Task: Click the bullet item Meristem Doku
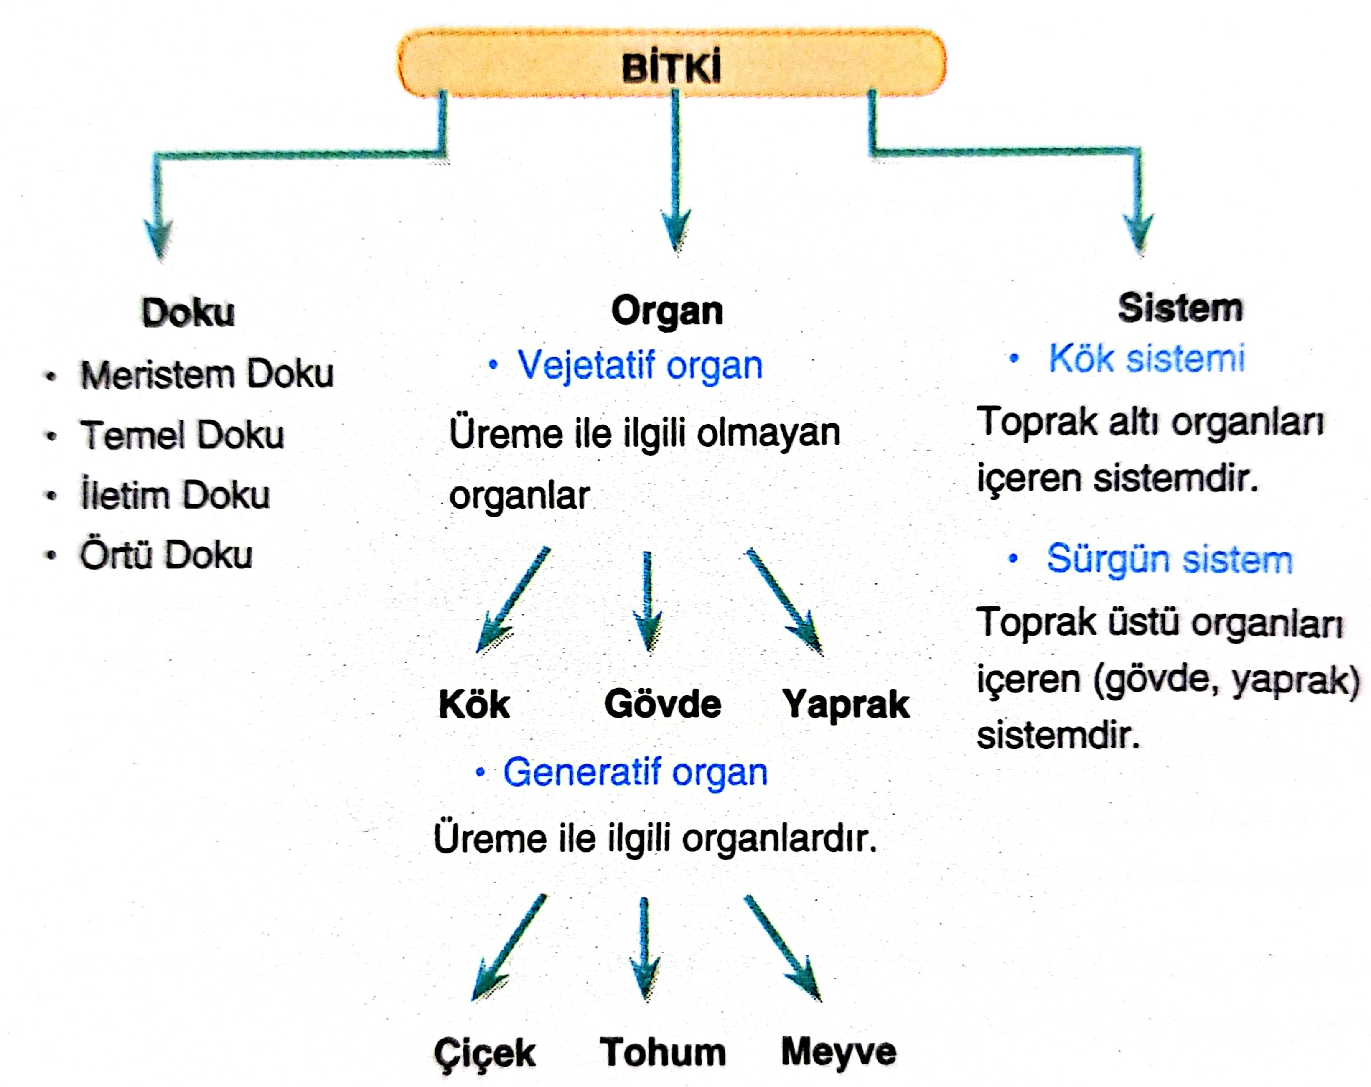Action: coord(207,374)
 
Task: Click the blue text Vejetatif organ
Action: coord(640,366)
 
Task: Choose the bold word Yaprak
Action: coord(846,705)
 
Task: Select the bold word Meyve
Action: coord(839,1053)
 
